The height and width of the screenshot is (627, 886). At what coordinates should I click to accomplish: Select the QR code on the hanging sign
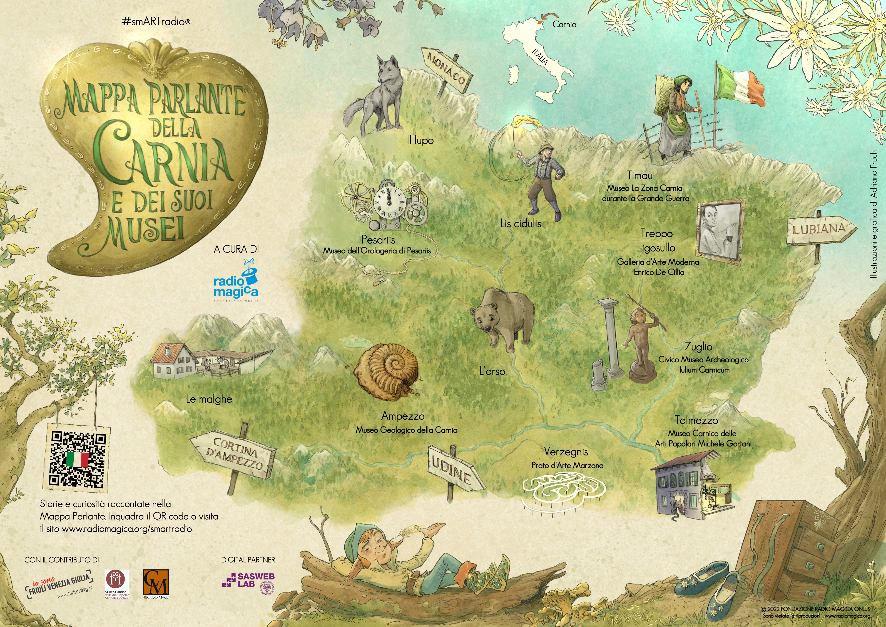click(78, 459)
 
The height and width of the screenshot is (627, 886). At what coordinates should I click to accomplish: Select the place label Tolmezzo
click(696, 420)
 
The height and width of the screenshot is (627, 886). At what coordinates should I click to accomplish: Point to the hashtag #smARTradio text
click(156, 22)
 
